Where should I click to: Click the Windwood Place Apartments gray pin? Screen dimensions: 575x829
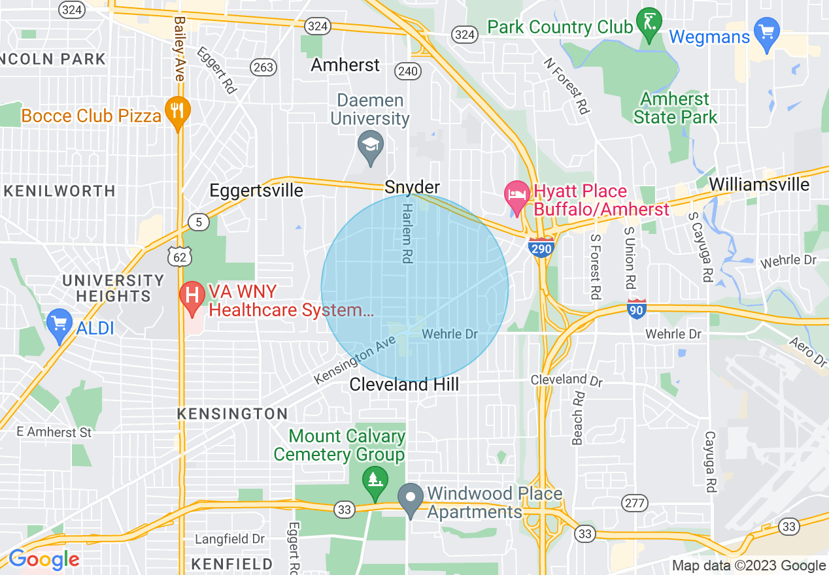point(411,498)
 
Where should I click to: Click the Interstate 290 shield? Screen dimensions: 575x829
point(542,247)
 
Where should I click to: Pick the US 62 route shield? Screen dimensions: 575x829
point(179,256)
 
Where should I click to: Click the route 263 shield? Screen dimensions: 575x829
point(264,67)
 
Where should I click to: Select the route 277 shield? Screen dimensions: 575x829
point(635,503)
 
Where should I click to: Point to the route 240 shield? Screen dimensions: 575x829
point(408,72)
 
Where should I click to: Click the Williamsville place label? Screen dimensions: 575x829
point(759,184)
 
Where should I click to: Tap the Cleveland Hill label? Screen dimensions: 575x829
point(404,385)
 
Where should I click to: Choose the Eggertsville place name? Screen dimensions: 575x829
point(256,190)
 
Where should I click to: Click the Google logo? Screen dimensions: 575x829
point(43,560)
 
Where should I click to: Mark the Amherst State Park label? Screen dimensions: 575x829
point(675,108)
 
